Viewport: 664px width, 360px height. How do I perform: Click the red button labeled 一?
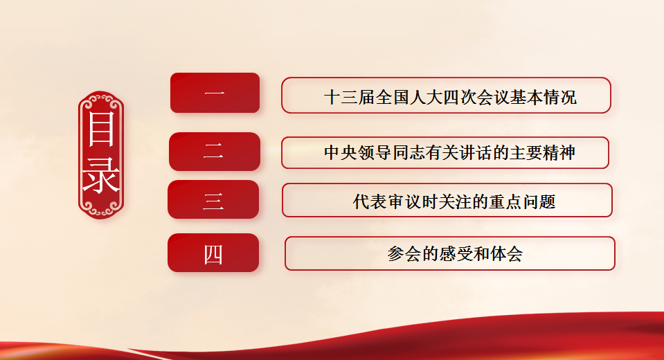coord(215,93)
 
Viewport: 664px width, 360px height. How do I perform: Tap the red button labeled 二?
coord(215,152)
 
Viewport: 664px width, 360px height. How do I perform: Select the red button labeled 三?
coord(213,199)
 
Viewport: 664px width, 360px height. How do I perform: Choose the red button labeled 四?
coord(213,253)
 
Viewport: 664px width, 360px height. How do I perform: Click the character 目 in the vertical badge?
coord(101,129)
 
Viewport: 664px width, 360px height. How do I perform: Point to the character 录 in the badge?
coord(101,175)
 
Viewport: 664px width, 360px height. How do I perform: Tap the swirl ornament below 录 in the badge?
coord(101,208)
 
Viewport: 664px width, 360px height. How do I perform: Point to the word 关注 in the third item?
coord(454,201)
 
